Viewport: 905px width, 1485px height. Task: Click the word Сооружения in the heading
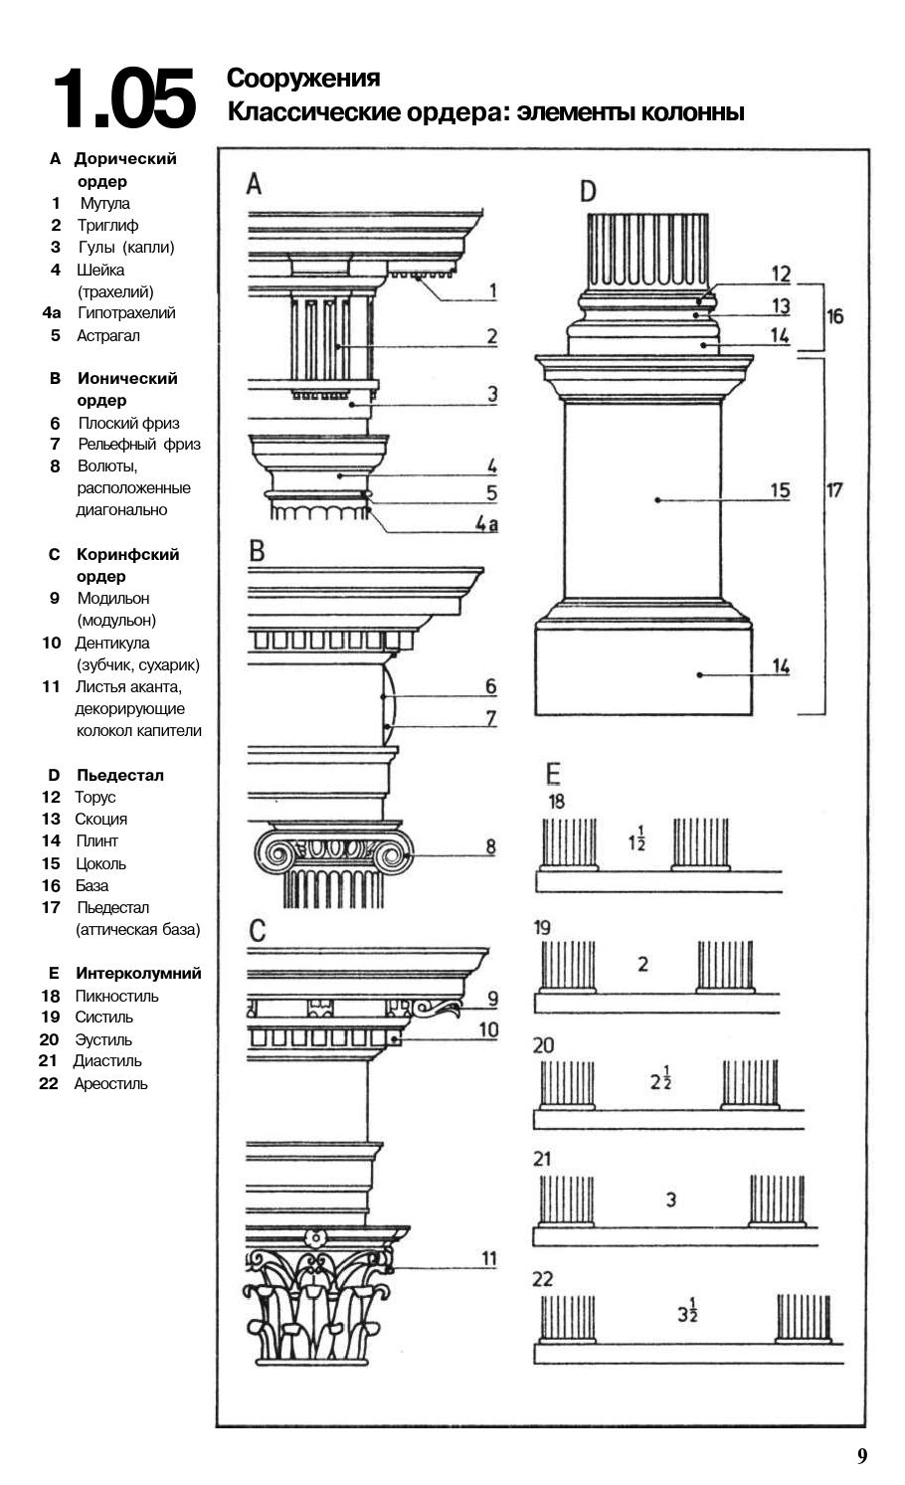tap(303, 78)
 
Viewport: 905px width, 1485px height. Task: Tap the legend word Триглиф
tap(107, 225)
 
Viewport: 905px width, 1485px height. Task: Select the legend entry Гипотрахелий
tap(126, 312)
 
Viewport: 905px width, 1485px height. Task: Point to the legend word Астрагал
tap(108, 335)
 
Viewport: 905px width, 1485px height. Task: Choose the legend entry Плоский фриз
tap(128, 423)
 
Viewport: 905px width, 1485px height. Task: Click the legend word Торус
tap(95, 797)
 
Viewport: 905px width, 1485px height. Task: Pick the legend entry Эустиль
tap(103, 1039)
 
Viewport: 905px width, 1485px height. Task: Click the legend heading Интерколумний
tap(139, 973)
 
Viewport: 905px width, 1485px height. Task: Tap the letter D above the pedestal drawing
tap(588, 191)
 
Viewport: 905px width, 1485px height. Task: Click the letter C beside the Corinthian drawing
tap(257, 931)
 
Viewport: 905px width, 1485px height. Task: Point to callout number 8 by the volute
tap(490, 846)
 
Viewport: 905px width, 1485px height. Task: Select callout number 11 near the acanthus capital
tap(488, 1258)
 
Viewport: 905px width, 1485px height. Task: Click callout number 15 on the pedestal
tap(781, 490)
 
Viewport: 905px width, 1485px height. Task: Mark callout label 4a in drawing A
tap(485, 523)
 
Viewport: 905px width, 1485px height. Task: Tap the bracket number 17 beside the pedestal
tap(834, 490)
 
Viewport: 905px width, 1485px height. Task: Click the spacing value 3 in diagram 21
tap(671, 1200)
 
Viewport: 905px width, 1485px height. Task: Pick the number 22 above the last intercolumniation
tap(543, 1279)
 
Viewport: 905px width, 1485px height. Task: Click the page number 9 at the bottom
tap(862, 1456)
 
